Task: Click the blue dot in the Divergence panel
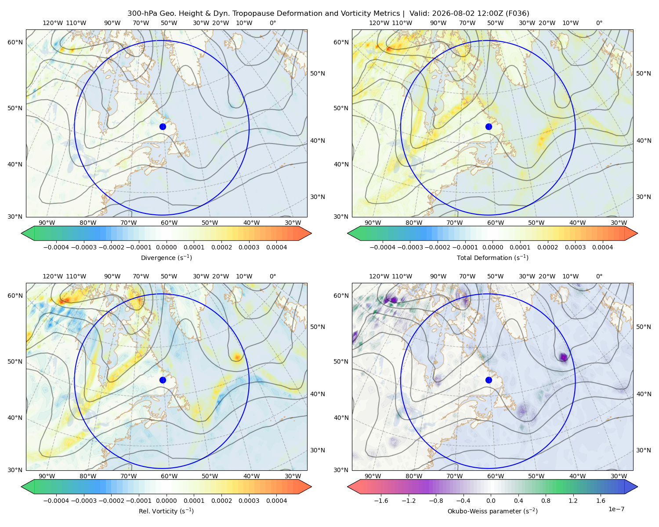(163, 127)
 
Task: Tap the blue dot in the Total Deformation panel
(489, 127)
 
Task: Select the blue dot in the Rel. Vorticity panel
(163, 380)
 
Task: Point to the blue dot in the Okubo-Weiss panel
(489, 380)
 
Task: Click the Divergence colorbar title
(166, 258)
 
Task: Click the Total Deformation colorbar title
(492, 258)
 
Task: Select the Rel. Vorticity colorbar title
(166, 511)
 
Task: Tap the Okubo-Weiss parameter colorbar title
(492, 511)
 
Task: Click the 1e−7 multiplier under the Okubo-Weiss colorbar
(616, 509)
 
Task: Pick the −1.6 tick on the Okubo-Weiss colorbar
(381, 501)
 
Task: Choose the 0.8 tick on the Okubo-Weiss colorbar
(546, 501)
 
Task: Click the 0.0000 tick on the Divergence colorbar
(166, 247)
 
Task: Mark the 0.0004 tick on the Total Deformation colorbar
(603, 247)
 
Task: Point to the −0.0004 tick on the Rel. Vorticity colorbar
(56, 501)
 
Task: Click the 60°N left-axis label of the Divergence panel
(15, 42)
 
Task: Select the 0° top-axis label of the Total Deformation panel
(599, 23)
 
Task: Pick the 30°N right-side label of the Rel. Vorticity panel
(318, 450)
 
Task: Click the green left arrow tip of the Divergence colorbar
(22, 233)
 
